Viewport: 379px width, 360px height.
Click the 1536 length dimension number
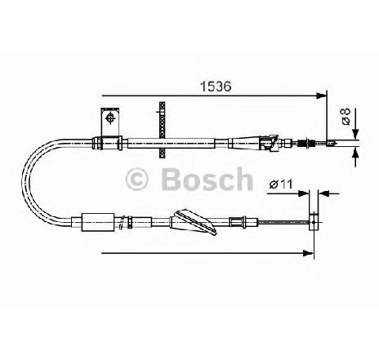(216, 87)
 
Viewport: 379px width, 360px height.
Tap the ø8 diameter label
(346, 116)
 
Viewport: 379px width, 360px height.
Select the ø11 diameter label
(281, 184)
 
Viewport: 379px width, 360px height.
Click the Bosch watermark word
(207, 179)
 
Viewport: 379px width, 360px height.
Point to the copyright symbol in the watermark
(136, 179)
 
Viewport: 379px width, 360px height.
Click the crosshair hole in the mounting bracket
(110, 118)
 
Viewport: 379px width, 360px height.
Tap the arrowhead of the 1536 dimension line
(321, 96)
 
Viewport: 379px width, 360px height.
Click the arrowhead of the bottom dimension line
(308, 253)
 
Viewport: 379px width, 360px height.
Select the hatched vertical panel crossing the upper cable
(163, 130)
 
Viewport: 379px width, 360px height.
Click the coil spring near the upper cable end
(302, 143)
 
